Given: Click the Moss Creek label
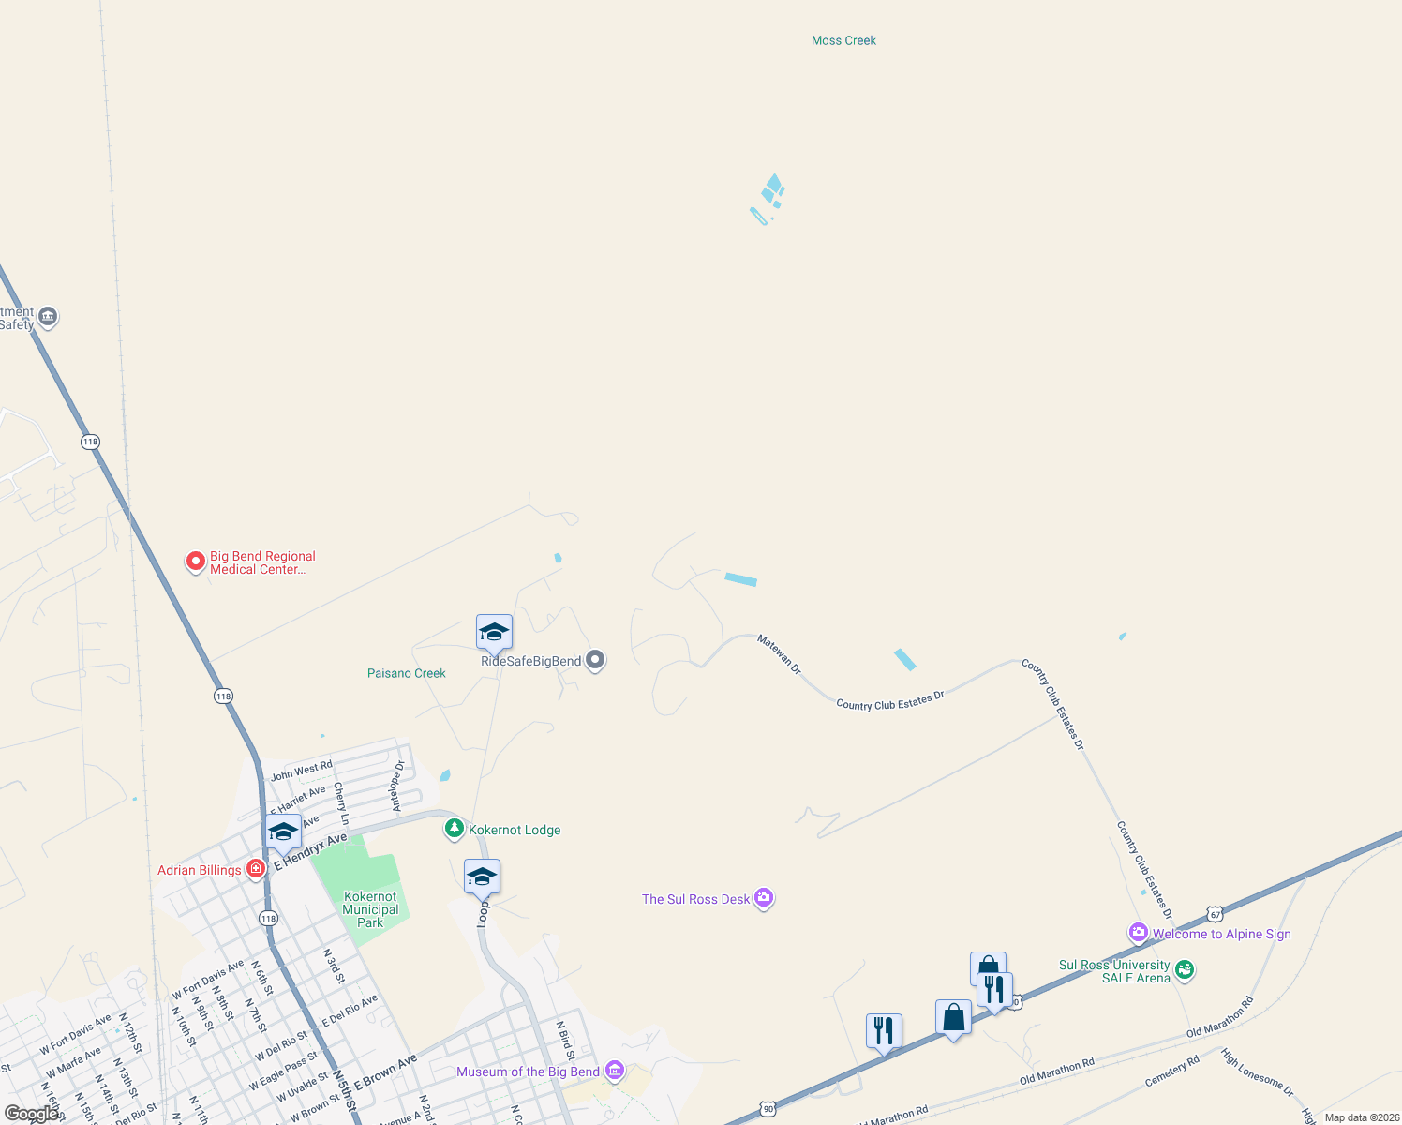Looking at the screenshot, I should [x=843, y=40].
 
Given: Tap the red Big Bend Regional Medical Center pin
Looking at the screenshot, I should [x=195, y=562].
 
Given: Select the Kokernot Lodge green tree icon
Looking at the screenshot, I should [x=455, y=829].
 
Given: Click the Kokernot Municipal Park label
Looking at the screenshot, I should [x=370, y=909].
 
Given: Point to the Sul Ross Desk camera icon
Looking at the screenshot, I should [x=764, y=898].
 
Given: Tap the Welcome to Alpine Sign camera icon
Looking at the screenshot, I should [x=1139, y=933].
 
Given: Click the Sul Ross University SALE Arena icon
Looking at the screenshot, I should [x=1185, y=969].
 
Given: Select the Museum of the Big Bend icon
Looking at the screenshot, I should [x=615, y=1070].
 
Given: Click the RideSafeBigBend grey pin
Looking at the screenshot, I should [x=595, y=660].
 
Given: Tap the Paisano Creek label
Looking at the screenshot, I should [x=407, y=673].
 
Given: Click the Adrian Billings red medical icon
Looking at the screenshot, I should [x=255, y=869].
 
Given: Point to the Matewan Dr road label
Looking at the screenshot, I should [x=780, y=654].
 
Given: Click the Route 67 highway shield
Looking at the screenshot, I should [x=1215, y=914].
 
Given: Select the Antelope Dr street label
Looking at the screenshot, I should [x=397, y=786].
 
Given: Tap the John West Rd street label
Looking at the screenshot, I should [x=302, y=771].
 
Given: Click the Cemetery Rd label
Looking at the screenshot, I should [x=1171, y=1072].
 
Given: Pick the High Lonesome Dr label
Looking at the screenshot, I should [x=1257, y=1073].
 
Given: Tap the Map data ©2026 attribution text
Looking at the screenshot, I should [x=1362, y=1117].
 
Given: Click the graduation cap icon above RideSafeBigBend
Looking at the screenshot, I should [x=494, y=633].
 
